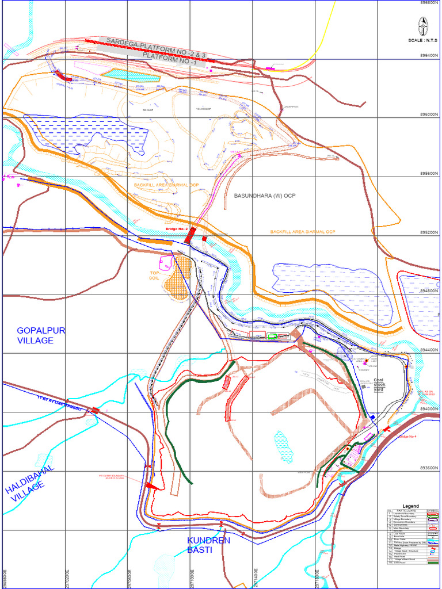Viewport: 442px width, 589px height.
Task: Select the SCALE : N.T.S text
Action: click(422, 40)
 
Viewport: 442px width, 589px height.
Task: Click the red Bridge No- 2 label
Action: click(177, 230)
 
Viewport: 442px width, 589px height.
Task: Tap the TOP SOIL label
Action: click(154, 276)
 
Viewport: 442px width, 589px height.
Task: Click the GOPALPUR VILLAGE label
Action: click(41, 335)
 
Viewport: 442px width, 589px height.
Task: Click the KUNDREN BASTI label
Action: click(208, 545)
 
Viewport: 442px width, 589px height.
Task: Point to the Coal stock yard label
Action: click(379, 385)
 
